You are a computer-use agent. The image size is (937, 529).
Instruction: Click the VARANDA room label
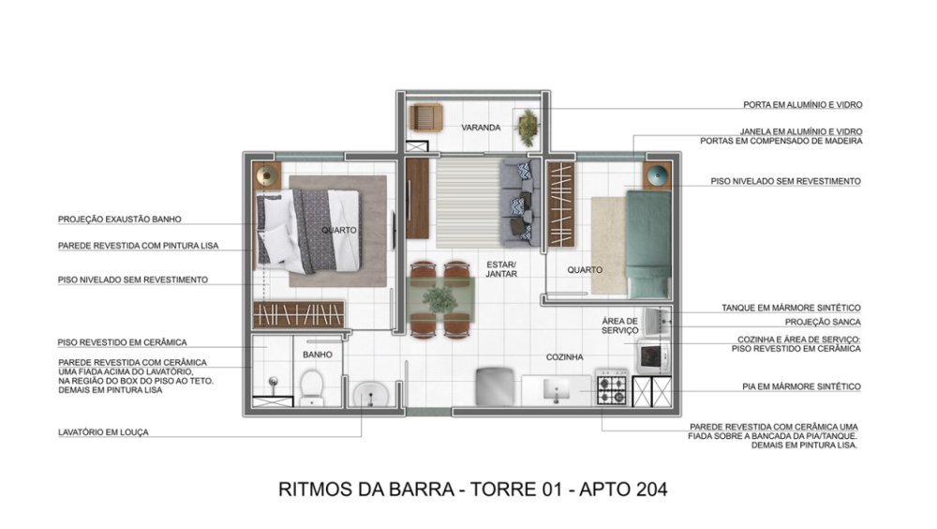(481, 128)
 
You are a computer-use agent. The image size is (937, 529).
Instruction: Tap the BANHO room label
(318, 355)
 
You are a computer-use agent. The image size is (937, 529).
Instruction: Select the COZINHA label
(564, 357)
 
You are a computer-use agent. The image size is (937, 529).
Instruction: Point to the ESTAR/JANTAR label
(500, 268)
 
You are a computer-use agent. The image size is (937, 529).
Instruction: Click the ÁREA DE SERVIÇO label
(619, 325)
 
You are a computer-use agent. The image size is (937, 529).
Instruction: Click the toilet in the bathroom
(311, 386)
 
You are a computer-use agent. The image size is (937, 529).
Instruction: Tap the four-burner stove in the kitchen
(612, 387)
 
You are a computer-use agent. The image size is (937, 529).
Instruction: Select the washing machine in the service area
(654, 356)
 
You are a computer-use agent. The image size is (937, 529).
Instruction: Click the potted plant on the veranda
(527, 128)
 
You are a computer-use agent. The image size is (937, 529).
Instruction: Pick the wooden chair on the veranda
(425, 117)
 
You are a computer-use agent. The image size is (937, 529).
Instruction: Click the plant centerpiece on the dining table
(440, 299)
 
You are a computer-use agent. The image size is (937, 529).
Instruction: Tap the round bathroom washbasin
(371, 394)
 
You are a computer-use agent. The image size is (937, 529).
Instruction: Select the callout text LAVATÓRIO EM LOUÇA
(103, 432)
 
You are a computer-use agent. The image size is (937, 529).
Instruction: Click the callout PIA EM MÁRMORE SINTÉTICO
(801, 386)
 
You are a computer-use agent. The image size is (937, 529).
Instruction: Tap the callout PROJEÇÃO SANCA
(823, 322)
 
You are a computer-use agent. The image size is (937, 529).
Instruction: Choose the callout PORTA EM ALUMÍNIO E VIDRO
(803, 105)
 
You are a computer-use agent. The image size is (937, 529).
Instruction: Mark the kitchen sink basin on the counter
(557, 389)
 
